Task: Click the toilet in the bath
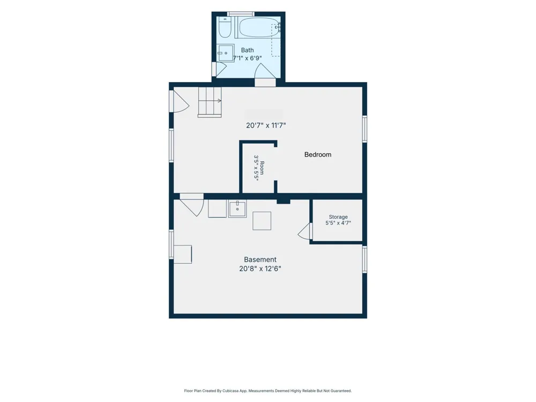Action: pyautogui.click(x=225, y=27)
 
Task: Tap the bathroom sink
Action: pyautogui.click(x=226, y=53)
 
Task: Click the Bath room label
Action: pyautogui.click(x=248, y=50)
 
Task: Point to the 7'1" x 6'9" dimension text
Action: pyautogui.click(x=248, y=58)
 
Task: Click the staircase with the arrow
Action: pyautogui.click(x=210, y=102)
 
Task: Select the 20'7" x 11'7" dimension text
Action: pyautogui.click(x=266, y=125)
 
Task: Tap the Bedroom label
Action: pyautogui.click(x=318, y=154)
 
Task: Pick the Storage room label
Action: pyautogui.click(x=338, y=217)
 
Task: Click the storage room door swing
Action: pyautogui.click(x=306, y=232)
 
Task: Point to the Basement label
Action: pyautogui.click(x=260, y=260)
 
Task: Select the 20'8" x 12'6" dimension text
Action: pyautogui.click(x=260, y=269)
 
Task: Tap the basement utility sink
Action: pyautogui.click(x=237, y=209)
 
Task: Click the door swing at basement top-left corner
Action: pyautogui.click(x=192, y=205)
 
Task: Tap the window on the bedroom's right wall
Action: pyautogui.click(x=364, y=129)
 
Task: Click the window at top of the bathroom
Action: pyautogui.click(x=241, y=14)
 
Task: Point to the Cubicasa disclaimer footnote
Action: pyautogui.click(x=268, y=391)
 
